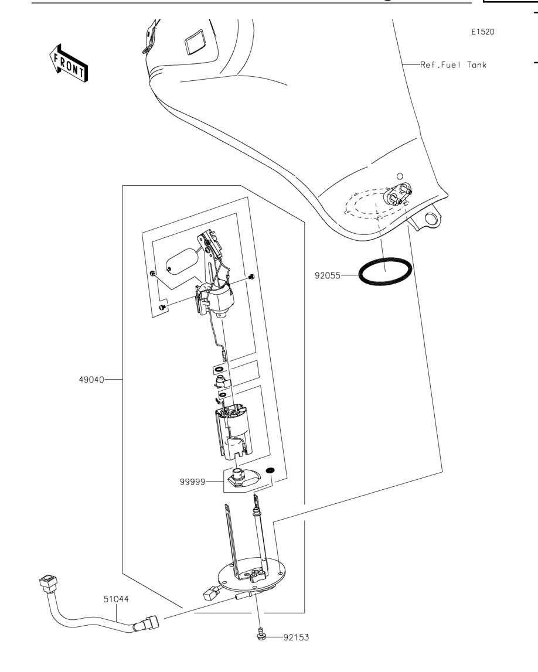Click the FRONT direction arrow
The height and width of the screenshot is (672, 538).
point(69,63)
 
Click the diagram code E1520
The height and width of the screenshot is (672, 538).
point(483,32)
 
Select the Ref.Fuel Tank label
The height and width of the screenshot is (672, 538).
point(453,64)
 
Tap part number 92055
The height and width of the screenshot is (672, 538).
point(328,275)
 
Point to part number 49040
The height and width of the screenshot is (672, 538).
point(91,379)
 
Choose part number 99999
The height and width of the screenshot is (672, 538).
point(192,482)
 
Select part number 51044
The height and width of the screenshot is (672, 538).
point(115,599)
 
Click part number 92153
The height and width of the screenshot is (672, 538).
point(296,637)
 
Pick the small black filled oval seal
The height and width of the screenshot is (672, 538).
point(271,470)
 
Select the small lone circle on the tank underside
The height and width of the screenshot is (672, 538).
point(400,176)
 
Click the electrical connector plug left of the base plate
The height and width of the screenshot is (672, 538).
point(210,593)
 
